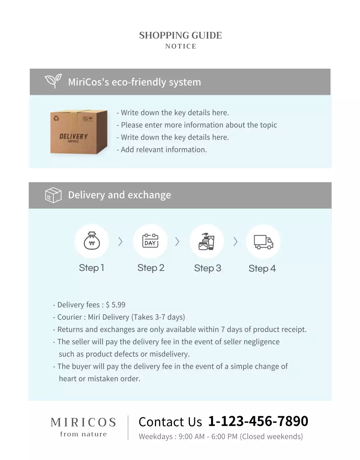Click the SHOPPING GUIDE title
click(x=180, y=35)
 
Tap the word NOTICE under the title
click(x=181, y=46)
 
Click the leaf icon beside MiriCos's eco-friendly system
click(x=53, y=81)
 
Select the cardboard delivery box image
click(x=79, y=132)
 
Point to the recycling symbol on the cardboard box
click(x=56, y=118)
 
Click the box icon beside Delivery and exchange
click(x=53, y=195)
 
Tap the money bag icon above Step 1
click(x=92, y=241)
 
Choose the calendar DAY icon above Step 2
click(x=150, y=241)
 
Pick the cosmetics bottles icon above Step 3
click(x=206, y=241)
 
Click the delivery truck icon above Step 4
click(x=263, y=242)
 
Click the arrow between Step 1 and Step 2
click(x=120, y=241)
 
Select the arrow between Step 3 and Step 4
click(x=235, y=241)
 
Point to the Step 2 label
click(x=151, y=268)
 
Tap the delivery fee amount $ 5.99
click(x=115, y=305)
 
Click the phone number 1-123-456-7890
click(x=258, y=421)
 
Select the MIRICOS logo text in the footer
click(x=83, y=422)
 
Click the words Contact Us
click(x=170, y=422)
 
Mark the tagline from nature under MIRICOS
click(x=83, y=434)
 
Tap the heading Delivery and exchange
click(x=119, y=195)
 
